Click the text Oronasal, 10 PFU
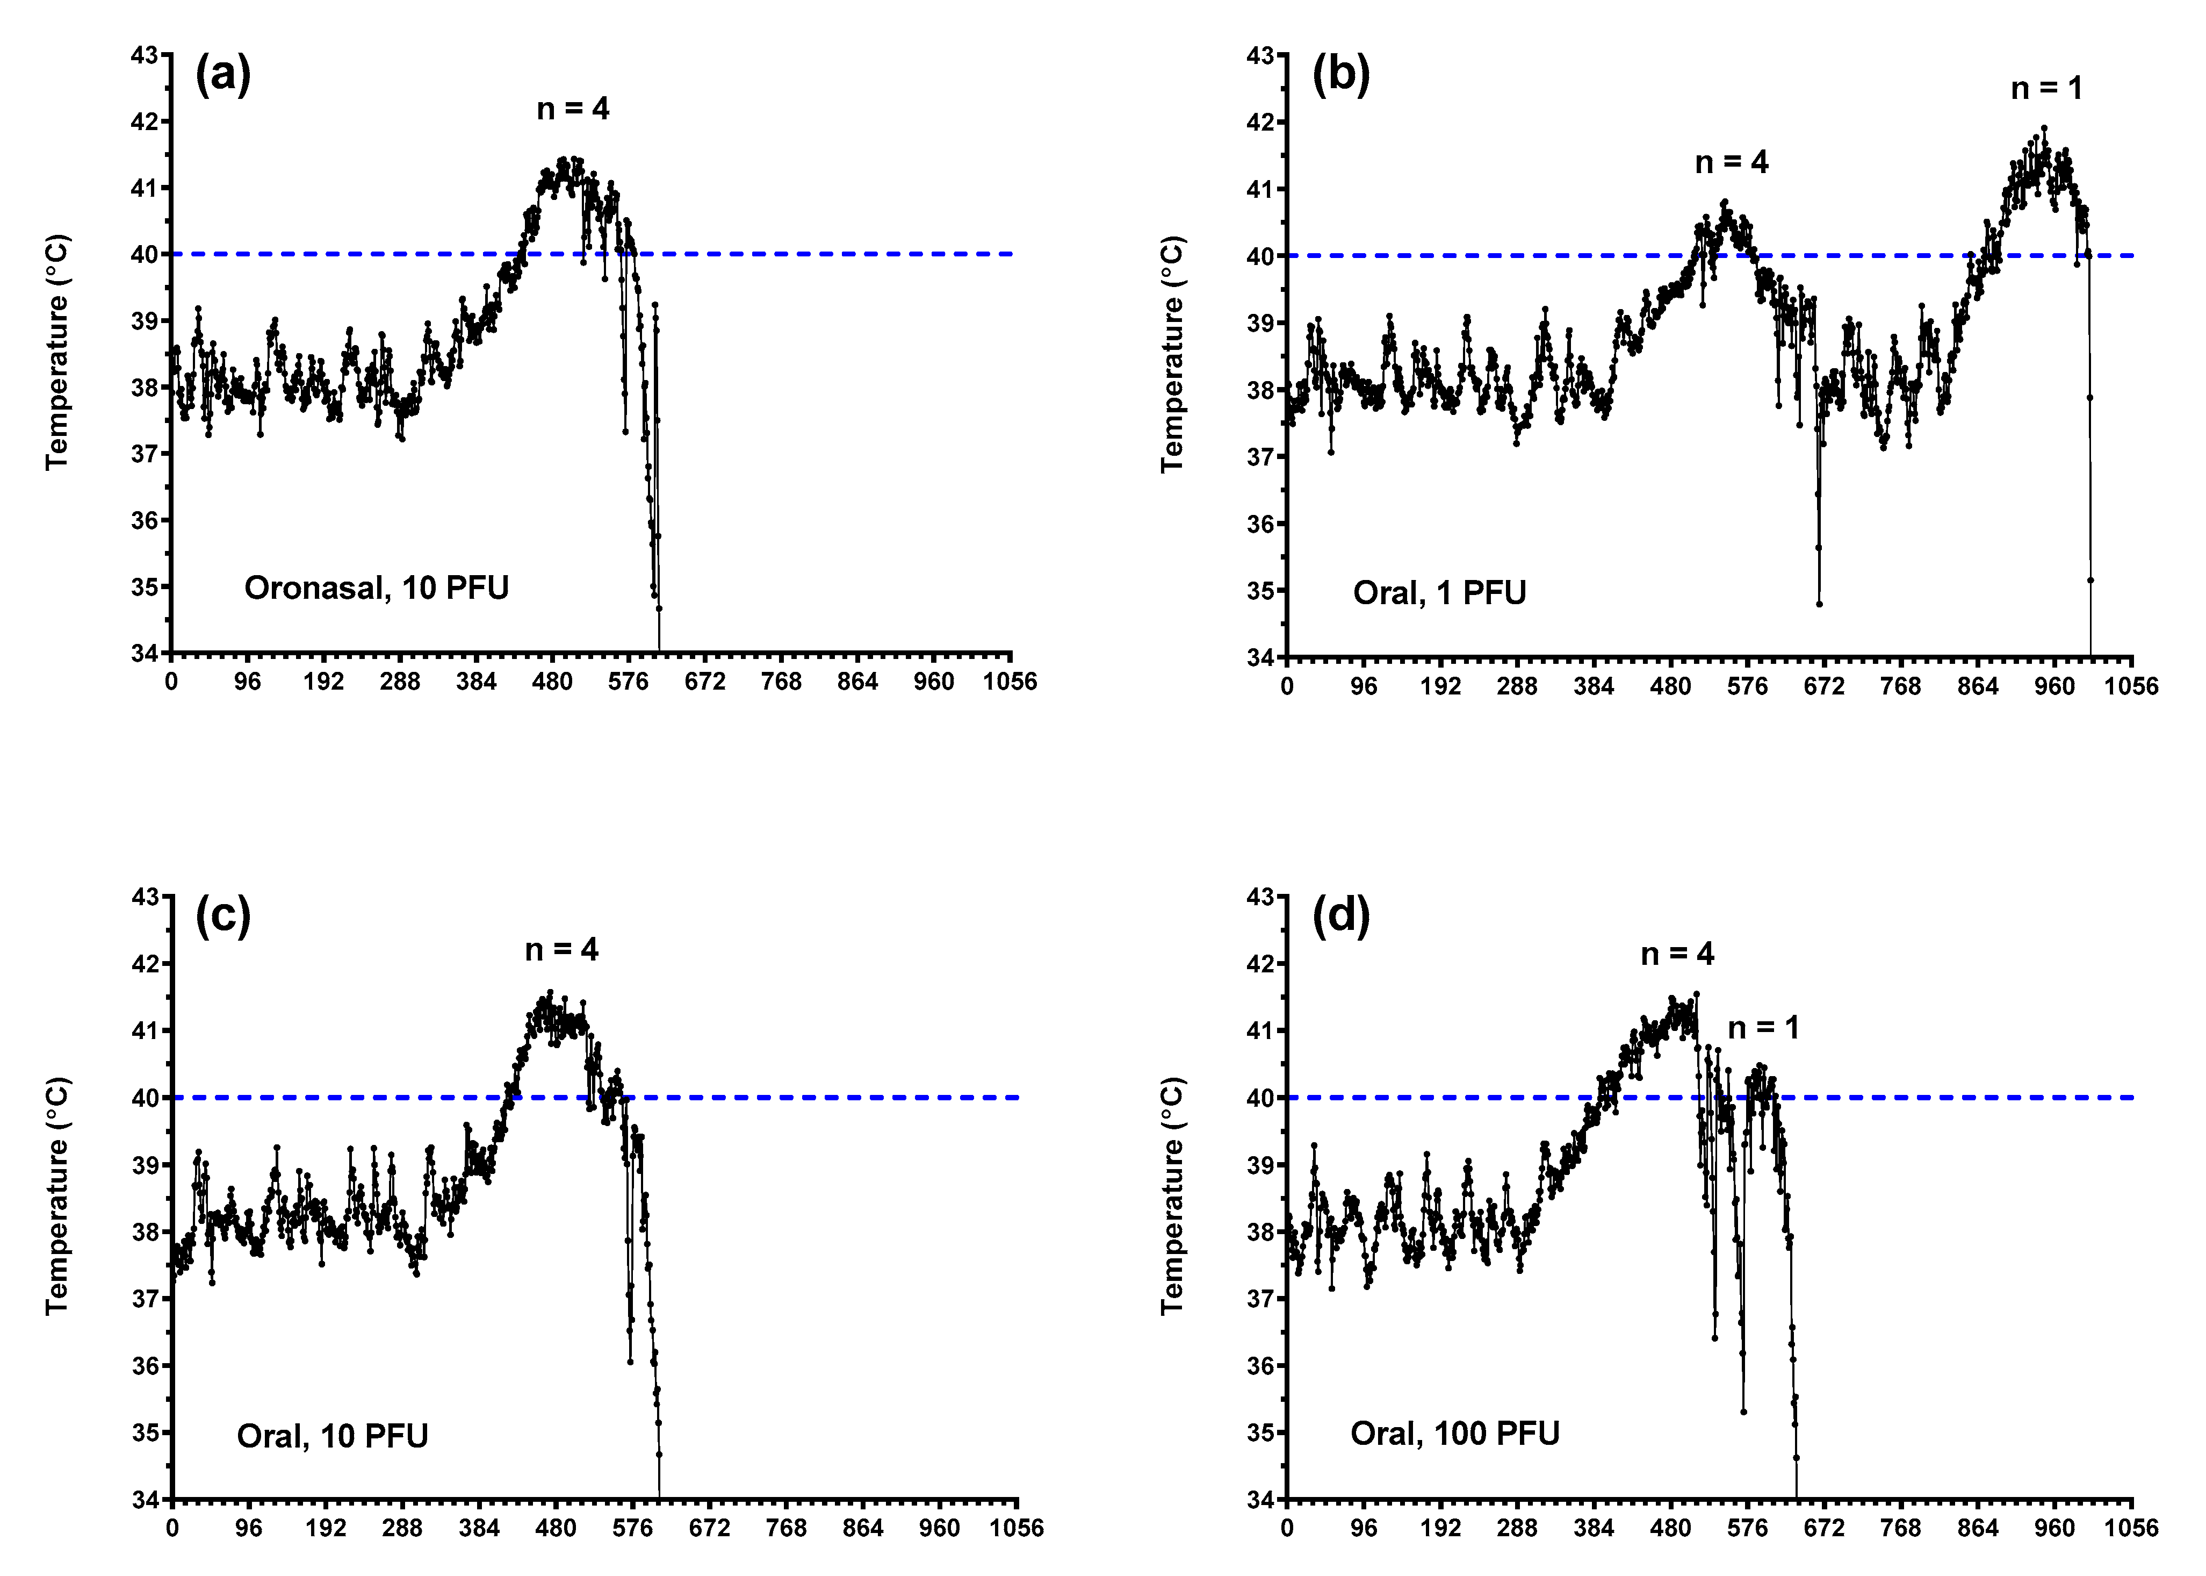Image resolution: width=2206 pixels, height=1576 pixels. click(377, 588)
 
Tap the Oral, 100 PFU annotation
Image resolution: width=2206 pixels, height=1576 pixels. click(1455, 1434)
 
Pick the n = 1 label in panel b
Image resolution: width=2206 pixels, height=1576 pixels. click(2047, 88)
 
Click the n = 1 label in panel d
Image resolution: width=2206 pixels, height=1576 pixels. click(1764, 1028)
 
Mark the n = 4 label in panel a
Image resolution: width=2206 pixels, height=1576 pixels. click(573, 109)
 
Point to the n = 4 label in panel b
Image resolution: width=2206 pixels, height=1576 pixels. click(1732, 162)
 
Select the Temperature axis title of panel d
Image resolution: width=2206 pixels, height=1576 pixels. click(1174, 1195)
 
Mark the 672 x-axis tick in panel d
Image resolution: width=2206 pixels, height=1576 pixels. click(1824, 1529)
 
